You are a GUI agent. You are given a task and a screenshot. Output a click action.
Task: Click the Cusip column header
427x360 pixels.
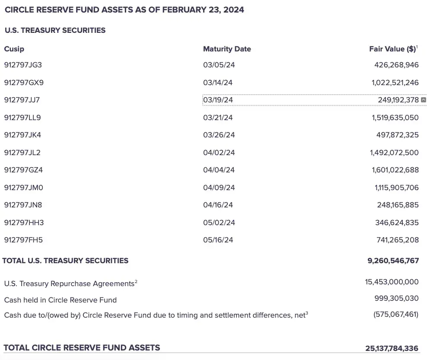point(14,49)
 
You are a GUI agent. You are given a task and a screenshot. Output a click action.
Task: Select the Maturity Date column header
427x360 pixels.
point(227,49)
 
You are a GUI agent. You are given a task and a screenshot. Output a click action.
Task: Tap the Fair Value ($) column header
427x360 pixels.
point(392,49)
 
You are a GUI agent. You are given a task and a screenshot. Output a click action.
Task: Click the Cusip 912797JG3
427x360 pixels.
point(23,65)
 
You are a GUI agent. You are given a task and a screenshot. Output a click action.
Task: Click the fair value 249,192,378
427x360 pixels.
point(398,100)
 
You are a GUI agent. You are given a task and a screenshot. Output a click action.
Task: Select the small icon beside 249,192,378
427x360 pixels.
point(424,100)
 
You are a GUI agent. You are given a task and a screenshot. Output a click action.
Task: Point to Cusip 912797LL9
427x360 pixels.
point(22,118)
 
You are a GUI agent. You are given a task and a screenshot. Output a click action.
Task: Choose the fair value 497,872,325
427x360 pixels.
point(397,135)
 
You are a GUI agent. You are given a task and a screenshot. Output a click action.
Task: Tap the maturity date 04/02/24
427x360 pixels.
point(219,153)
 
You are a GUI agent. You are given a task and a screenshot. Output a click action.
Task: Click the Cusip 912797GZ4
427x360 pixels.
point(23,170)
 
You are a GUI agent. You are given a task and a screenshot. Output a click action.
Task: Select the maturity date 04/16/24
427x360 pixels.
point(218,205)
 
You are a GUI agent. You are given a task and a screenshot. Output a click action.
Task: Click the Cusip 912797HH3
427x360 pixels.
point(24,223)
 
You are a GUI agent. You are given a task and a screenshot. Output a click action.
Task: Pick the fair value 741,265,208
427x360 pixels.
point(397,240)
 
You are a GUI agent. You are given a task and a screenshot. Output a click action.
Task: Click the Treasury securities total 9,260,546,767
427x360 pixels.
point(393,261)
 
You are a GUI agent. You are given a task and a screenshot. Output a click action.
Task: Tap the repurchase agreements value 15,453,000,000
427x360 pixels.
point(392,282)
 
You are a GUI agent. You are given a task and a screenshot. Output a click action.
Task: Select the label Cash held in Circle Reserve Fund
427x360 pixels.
point(60,300)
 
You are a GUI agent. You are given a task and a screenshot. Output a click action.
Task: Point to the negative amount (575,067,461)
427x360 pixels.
point(395,314)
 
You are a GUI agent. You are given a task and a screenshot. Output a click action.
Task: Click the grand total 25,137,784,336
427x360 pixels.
point(392,348)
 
